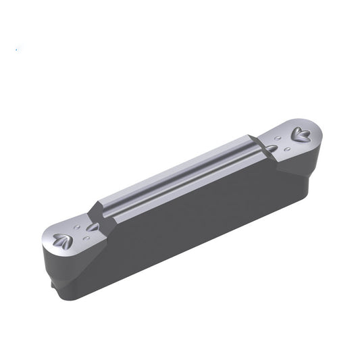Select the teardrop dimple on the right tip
tap(272, 148)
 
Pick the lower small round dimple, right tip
tap(288, 148)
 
